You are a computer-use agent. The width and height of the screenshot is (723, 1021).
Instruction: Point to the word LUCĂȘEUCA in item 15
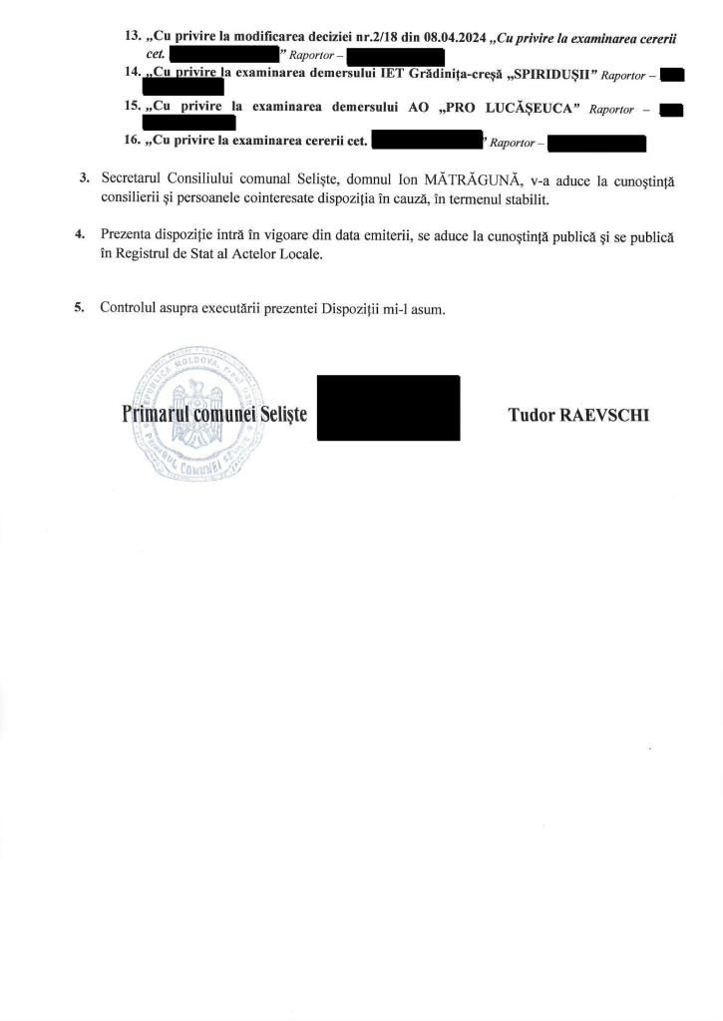coord(526,108)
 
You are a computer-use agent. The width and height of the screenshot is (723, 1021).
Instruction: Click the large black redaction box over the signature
coord(388,407)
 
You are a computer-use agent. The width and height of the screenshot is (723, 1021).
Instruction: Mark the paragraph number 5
coord(79,307)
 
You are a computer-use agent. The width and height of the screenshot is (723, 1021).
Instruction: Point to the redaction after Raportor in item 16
coord(597,143)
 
